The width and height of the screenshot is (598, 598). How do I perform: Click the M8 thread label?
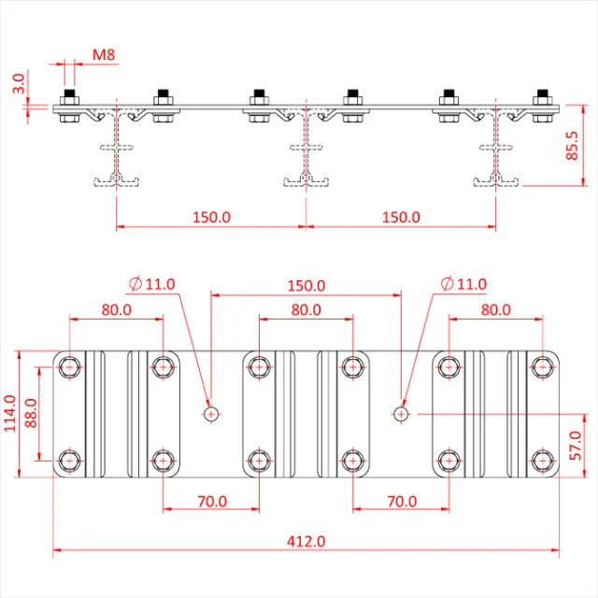[x=104, y=55]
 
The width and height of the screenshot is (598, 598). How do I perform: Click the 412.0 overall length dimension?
[x=306, y=541]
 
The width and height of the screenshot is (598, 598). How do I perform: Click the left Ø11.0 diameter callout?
[x=153, y=284]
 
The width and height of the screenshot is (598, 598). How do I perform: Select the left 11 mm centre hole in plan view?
[x=211, y=412]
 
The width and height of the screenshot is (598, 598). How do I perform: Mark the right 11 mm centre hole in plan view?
[x=401, y=412]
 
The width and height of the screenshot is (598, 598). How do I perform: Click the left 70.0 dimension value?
[x=211, y=501]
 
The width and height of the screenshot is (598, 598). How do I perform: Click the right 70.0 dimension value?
[x=401, y=501]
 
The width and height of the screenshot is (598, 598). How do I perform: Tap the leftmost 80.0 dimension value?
[x=117, y=309]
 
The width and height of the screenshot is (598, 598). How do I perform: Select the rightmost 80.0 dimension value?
[x=495, y=309]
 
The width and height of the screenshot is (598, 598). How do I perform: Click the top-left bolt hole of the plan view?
[x=69, y=367]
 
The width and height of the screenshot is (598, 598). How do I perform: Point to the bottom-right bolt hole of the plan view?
[x=542, y=461]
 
